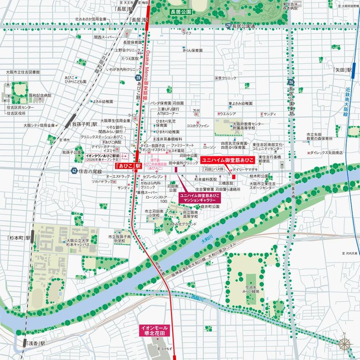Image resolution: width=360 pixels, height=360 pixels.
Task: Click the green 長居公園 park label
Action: (180, 12)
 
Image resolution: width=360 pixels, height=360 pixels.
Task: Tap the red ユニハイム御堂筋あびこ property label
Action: (227, 160)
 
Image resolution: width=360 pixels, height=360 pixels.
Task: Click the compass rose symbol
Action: (345, 344)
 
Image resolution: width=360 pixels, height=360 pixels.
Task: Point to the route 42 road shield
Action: (74, 171)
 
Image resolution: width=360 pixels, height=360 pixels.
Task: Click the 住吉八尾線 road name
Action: (90, 172)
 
